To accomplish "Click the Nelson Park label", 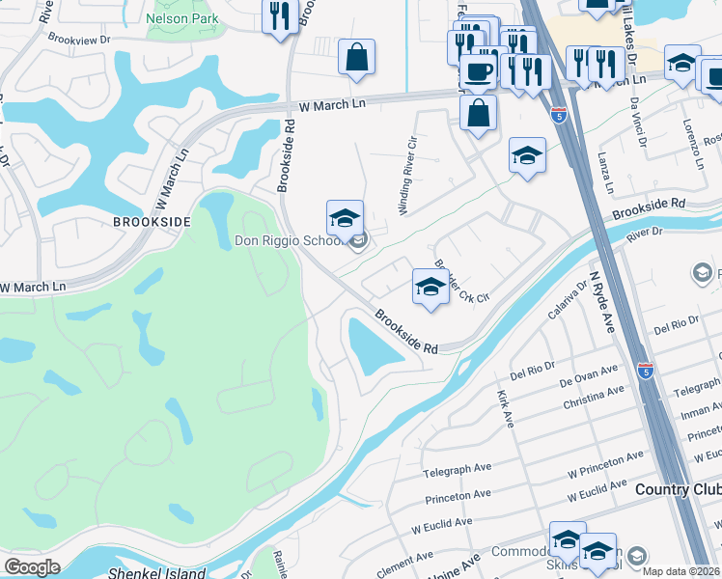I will pyautogui.click(x=182, y=18).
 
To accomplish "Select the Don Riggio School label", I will pyautogui.click(x=289, y=241).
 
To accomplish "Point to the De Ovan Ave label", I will pyautogui.click(x=588, y=375).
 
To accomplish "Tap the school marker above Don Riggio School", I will pyautogui.click(x=345, y=218).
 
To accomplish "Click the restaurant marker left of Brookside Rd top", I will pyautogui.click(x=280, y=15).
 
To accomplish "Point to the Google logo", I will pyautogui.click(x=32, y=567).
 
